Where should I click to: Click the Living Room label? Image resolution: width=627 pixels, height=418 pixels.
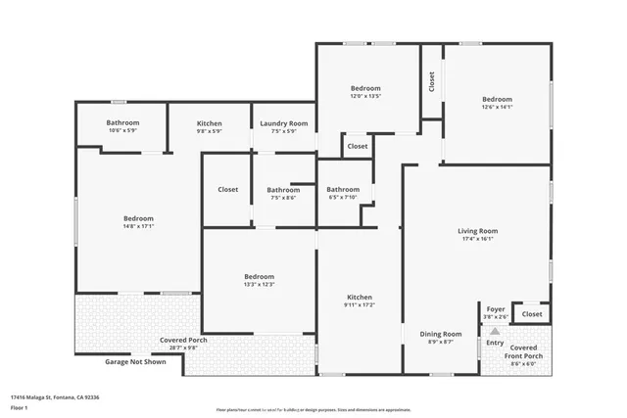[478, 231]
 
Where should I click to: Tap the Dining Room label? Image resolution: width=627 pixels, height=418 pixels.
[441, 334]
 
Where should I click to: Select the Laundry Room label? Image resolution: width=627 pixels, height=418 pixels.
[284, 123]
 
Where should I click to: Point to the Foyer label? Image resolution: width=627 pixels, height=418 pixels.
[496, 309]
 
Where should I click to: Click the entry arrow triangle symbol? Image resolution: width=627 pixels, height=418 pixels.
[495, 332]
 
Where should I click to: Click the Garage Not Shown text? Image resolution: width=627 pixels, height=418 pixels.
[135, 361]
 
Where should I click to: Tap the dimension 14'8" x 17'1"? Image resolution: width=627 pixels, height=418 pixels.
[138, 226]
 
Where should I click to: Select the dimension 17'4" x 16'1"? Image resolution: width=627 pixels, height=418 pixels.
[478, 239]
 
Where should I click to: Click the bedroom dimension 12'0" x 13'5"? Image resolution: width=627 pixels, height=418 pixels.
[365, 96]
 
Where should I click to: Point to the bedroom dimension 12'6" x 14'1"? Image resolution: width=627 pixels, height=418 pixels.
[497, 107]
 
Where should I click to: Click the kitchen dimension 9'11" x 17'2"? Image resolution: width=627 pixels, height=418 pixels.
[360, 305]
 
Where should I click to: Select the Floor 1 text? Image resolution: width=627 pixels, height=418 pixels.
[21, 408]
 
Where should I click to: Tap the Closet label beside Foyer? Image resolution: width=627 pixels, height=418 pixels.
[532, 314]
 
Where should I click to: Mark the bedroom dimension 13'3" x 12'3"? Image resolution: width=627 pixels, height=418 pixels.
[260, 285]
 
